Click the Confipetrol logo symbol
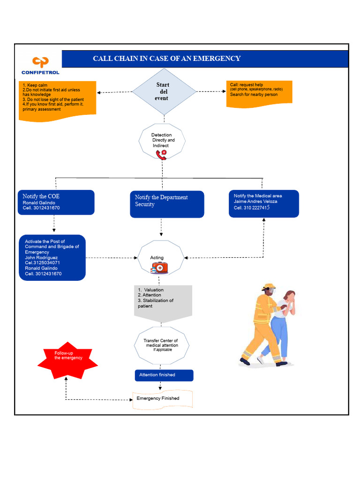click(x=40, y=62)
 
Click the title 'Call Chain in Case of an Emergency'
click(x=166, y=59)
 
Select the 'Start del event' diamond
click(x=164, y=91)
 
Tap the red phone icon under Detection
click(x=161, y=155)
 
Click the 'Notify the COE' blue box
click(x=56, y=202)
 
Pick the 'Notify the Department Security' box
click(x=167, y=204)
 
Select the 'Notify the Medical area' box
click(x=263, y=203)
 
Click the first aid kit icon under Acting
click(x=159, y=268)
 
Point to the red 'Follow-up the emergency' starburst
click(x=68, y=360)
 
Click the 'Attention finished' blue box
click(x=164, y=375)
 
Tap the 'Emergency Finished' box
click(x=162, y=399)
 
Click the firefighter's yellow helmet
click(x=269, y=286)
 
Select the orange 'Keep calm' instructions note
click(x=57, y=100)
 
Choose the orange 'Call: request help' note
click(x=259, y=94)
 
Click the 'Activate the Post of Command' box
click(x=52, y=258)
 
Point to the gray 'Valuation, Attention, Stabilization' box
click(x=163, y=301)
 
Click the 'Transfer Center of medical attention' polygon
click(x=161, y=345)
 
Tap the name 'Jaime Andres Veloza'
click(x=255, y=202)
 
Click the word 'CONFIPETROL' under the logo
click(x=40, y=73)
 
